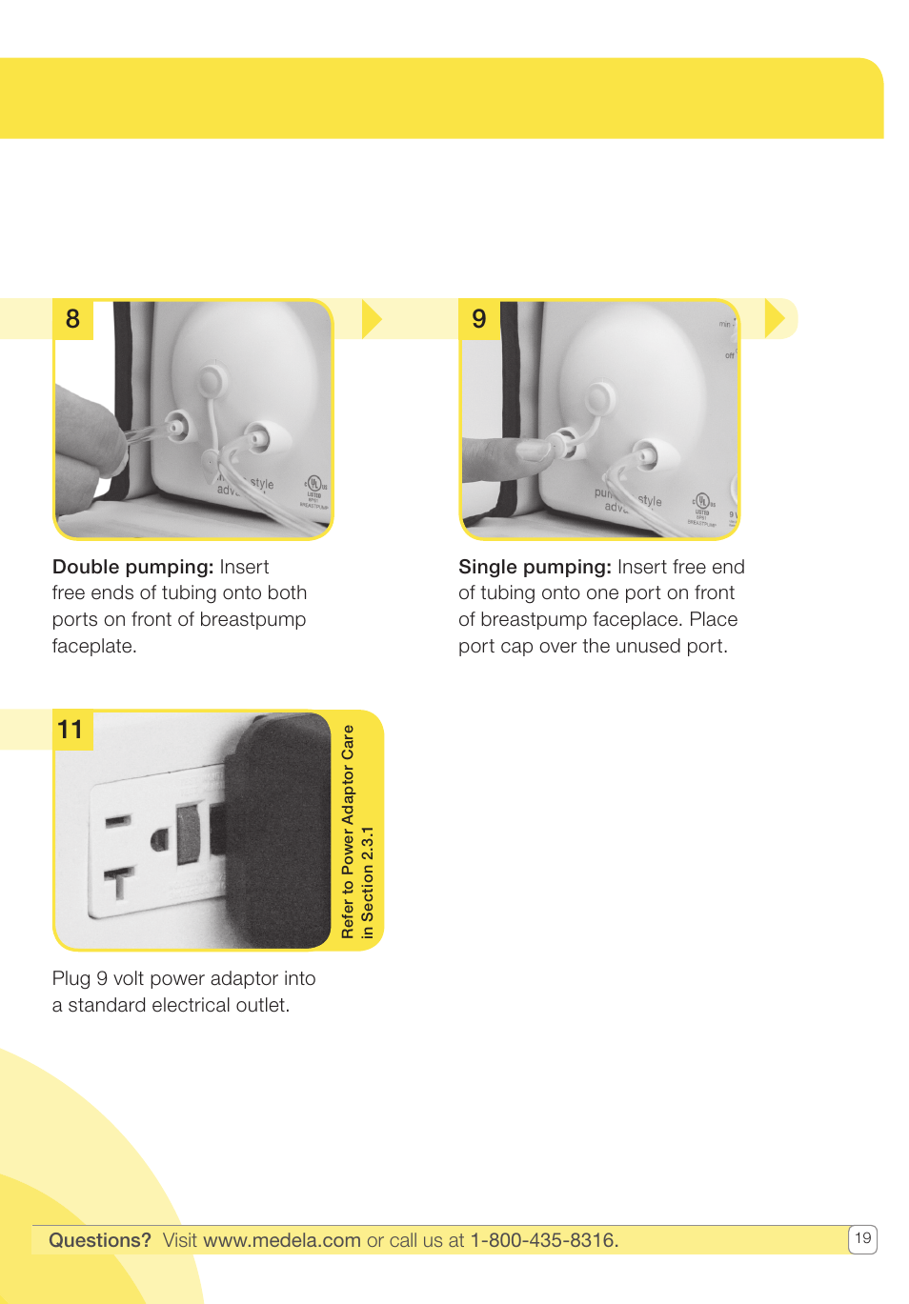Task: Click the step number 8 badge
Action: (x=72, y=319)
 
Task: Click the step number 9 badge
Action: (x=478, y=319)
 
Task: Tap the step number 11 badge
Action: (x=71, y=731)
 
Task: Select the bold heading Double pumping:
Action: (x=132, y=567)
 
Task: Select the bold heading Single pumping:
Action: (x=535, y=567)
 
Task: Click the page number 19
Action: (x=862, y=1238)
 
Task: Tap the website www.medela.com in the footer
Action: (x=281, y=1240)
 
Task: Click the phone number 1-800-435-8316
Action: (x=544, y=1240)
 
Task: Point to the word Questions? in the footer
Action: (x=100, y=1240)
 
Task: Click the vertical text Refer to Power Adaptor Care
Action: (x=348, y=832)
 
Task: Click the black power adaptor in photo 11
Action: (x=276, y=829)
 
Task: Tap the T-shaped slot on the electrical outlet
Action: (x=119, y=882)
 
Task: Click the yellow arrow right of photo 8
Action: (x=371, y=319)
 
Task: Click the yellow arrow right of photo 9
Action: (x=775, y=319)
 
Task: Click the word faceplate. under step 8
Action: (x=94, y=647)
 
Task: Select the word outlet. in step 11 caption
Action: (x=264, y=1006)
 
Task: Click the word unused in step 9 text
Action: (x=648, y=647)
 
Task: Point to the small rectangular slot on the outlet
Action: (x=118, y=820)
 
